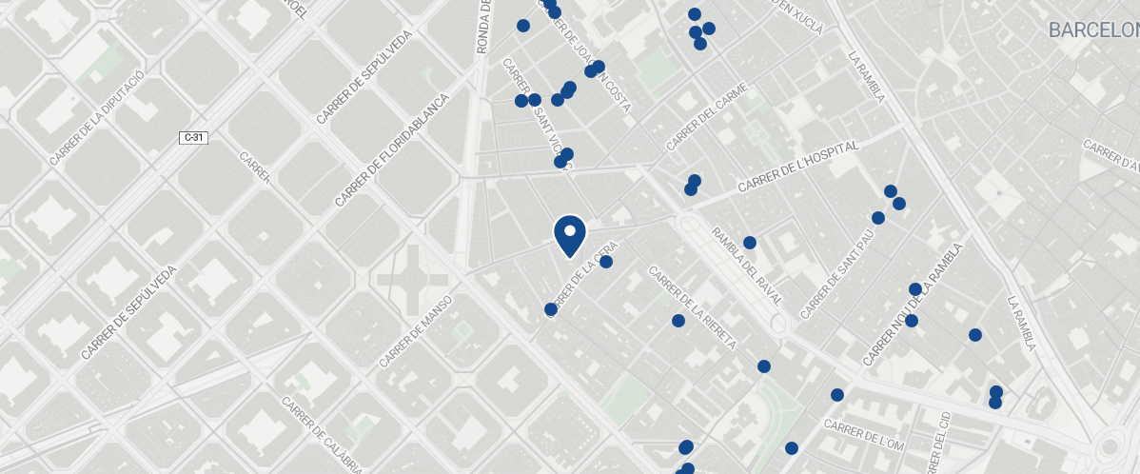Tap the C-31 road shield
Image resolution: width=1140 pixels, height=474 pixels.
tap(193, 138)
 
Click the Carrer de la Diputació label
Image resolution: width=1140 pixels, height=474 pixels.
tap(97, 117)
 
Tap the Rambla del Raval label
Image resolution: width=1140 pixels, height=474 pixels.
tap(746, 266)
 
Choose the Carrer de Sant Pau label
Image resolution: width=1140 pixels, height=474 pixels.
tap(836, 277)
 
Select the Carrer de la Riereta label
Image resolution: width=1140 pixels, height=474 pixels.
tap(692, 306)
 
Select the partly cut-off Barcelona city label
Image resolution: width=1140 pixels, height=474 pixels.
tap(1093, 30)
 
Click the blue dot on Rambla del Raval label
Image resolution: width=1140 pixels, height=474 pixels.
tap(750, 243)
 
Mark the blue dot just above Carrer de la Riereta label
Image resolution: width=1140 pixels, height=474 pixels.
tap(678, 321)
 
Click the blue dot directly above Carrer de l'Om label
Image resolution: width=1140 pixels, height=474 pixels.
tap(837, 395)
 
